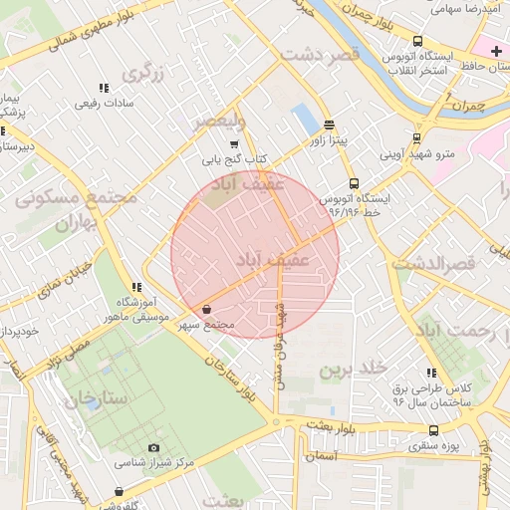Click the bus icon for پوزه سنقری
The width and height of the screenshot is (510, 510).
click(x=433, y=430)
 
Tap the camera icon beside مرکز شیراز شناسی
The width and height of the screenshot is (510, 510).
click(x=153, y=448)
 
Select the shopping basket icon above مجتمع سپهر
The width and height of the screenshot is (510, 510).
click(x=206, y=310)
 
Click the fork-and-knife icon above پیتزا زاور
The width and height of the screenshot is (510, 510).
click(x=330, y=125)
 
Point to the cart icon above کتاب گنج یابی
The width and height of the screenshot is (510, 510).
click(x=234, y=144)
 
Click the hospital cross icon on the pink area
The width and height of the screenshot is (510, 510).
click(x=496, y=51)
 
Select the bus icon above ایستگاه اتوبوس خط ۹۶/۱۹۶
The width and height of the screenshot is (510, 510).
click(x=355, y=183)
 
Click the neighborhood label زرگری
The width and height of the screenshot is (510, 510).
click(x=142, y=73)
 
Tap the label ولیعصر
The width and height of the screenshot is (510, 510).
click(x=217, y=121)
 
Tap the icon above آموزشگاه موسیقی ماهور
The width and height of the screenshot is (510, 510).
click(x=136, y=287)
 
